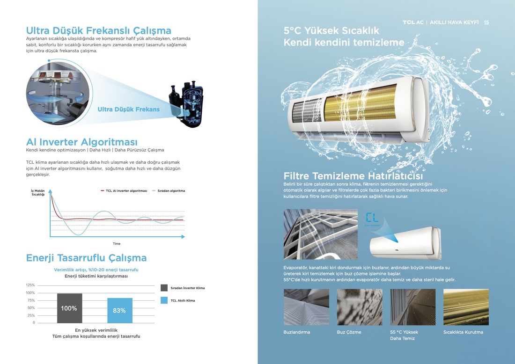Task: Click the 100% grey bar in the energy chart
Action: tap(70, 308)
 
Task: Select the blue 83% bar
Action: tap(120, 311)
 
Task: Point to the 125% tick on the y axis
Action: tap(30, 285)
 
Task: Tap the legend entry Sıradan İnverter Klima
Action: tap(183, 288)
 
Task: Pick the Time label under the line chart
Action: tap(117, 244)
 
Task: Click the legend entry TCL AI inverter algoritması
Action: tap(124, 191)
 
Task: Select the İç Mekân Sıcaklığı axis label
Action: tap(38, 192)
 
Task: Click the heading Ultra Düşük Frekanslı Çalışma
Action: tap(98, 30)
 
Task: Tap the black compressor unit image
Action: tap(185, 104)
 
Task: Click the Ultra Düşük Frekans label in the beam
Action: tap(128, 109)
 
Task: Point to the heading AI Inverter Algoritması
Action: tap(82, 142)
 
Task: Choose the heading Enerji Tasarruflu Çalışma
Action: tap(87, 258)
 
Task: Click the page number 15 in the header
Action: tap(486, 22)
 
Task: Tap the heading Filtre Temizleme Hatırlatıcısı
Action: tap(353, 176)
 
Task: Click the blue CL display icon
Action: tap(372, 218)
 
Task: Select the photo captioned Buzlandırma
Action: tap(306, 307)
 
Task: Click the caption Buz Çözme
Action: tap(349, 332)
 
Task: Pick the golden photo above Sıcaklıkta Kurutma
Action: tap(466, 307)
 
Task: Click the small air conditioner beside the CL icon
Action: tap(405, 242)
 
